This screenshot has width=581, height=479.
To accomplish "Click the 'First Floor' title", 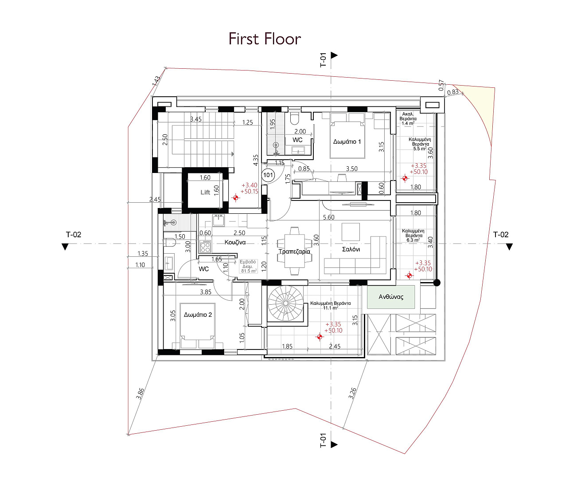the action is (265, 39).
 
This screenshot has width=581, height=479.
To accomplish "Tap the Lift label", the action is (205, 192).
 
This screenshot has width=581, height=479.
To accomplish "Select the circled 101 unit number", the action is (268, 175).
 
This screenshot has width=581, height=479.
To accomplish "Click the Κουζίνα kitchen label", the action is (235, 242).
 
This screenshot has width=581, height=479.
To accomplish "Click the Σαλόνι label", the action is (351, 249).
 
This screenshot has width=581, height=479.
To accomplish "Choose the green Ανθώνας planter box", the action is (391, 297).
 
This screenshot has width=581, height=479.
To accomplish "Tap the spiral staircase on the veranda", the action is (286, 303).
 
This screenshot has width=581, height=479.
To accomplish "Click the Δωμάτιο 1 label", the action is (347, 141).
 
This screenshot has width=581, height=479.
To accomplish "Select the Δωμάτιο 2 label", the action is (198, 315).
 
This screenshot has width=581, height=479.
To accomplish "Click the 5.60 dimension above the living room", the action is (329, 217).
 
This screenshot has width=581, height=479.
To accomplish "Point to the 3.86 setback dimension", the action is (140, 393).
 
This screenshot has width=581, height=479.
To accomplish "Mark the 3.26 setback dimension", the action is (352, 393).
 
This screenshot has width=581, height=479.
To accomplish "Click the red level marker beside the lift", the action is (236, 198).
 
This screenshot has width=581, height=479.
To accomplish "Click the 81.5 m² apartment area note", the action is (248, 266).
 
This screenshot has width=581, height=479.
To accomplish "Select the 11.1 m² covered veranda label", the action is (331, 306).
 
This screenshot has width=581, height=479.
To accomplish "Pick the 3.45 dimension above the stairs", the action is (196, 119).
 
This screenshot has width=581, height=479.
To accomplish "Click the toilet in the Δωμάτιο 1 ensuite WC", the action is (294, 118).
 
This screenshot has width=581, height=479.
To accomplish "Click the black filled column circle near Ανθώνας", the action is (437, 283).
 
